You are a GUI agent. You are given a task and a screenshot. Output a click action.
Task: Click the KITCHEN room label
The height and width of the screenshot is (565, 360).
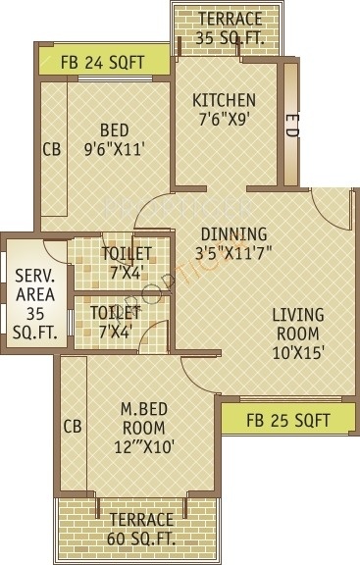click(224, 100)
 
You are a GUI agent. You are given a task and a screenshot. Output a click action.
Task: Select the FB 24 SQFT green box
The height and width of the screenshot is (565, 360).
click(102, 62)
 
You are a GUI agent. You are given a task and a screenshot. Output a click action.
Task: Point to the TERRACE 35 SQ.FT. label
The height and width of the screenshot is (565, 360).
click(229, 27)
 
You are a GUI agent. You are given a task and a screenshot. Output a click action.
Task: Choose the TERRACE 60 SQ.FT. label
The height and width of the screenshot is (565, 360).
click(141, 527)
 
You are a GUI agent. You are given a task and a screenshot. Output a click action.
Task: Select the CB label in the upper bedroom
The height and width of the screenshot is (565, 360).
click(51, 151)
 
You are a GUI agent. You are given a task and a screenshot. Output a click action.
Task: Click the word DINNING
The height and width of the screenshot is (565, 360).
click(233, 233)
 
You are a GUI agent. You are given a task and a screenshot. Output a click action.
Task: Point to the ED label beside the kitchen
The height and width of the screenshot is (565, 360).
click(291, 123)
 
